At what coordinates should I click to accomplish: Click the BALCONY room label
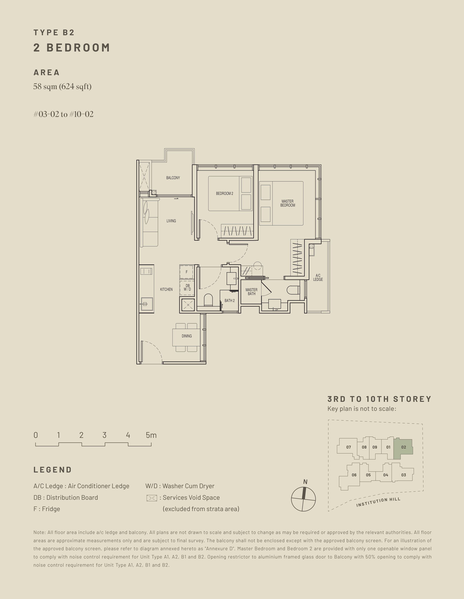tap(173, 178)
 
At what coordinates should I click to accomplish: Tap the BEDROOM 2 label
tap(224, 193)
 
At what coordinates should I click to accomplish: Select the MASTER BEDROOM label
tap(287, 203)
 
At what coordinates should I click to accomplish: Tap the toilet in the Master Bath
tap(293, 290)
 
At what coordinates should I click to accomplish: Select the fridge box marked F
tap(186, 272)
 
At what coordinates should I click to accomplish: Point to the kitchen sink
tap(147, 304)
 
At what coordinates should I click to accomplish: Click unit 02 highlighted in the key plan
tap(403, 447)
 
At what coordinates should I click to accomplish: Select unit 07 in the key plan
tap(348, 447)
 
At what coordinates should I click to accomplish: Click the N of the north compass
tap(305, 482)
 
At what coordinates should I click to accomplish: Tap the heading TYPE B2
tap(54, 33)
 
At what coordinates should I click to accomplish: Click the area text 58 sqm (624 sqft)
tap(62, 87)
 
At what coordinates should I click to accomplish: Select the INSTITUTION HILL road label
tap(378, 502)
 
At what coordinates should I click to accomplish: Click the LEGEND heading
tap(53, 470)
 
